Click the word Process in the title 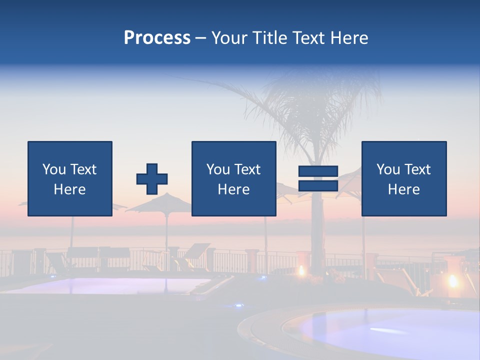(157, 38)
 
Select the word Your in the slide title (229, 38)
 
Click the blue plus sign (152, 179)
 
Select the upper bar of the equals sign (318, 171)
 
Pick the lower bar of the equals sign (318, 186)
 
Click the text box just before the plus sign (70, 178)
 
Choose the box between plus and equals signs (233, 178)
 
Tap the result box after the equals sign (404, 178)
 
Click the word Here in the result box (404, 189)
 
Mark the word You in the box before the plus (54, 169)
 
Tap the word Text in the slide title (306, 38)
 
